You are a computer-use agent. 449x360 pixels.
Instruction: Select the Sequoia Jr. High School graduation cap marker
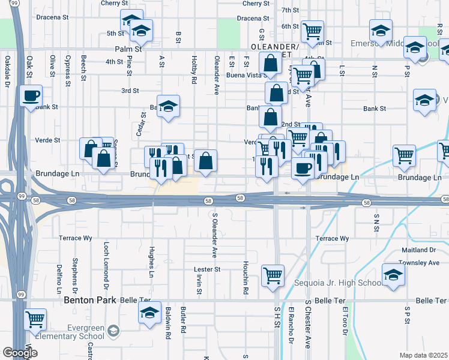click(x=393, y=275)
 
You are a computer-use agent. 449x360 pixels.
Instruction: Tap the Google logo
click(x=20, y=353)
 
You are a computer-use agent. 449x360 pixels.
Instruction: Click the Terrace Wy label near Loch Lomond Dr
click(x=75, y=238)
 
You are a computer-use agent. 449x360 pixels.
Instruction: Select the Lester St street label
click(x=208, y=269)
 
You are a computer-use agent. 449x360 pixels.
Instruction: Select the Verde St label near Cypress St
click(x=49, y=140)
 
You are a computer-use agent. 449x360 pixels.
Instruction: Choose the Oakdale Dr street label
click(x=8, y=69)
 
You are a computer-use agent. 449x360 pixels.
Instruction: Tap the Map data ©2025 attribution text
click(x=423, y=355)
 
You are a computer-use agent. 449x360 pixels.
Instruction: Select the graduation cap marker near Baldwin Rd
click(x=149, y=313)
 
